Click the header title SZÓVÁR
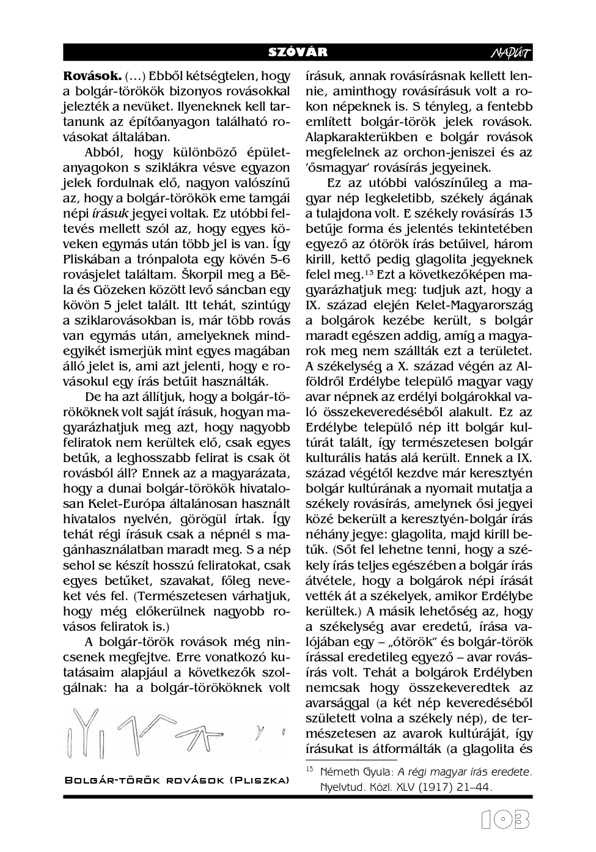coord(298,53)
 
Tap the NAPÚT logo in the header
coord(511,53)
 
